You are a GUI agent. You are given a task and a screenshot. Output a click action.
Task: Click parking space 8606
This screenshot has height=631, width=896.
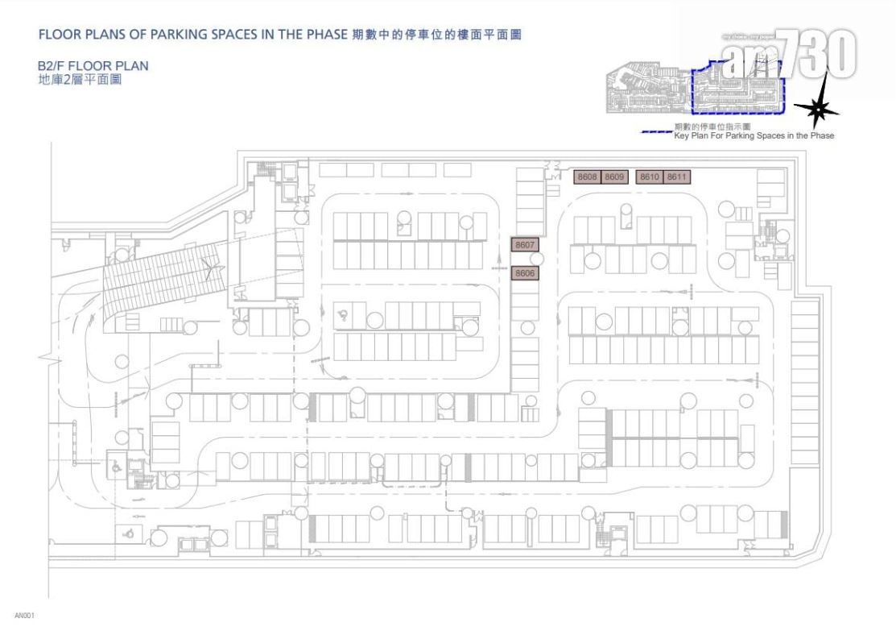coord(526,274)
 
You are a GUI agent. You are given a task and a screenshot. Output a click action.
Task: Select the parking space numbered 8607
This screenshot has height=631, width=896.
coord(526,244)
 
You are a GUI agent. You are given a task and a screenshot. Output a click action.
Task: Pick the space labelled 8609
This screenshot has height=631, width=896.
coord(615,176)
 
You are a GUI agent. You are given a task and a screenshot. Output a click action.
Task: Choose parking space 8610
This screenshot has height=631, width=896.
coord(650,176)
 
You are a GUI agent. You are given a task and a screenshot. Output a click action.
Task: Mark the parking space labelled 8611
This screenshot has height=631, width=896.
coord(677,176)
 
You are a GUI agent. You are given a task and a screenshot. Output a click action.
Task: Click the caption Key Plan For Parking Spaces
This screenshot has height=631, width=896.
coord(754,136)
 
